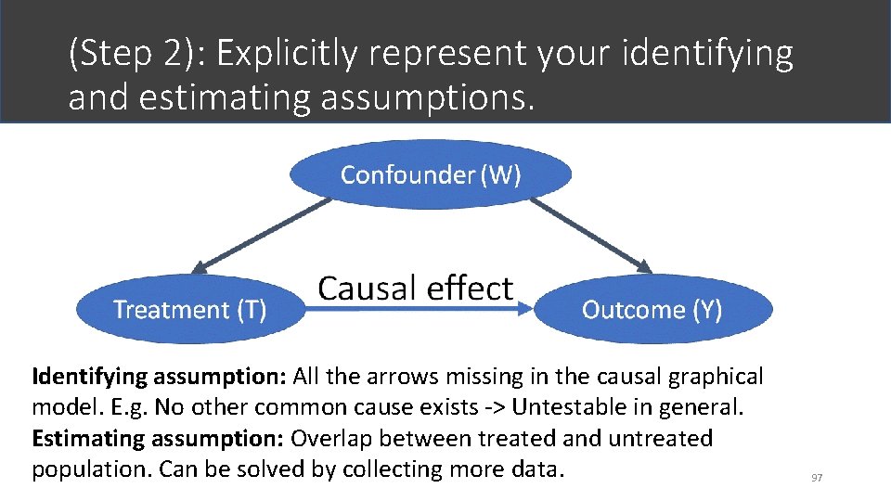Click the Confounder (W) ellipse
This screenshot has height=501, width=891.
tap(431, 174)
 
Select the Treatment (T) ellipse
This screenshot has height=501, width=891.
tap(190, 310)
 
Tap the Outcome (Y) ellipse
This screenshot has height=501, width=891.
tap(652, 310)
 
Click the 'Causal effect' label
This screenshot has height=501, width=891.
tap(415, 288)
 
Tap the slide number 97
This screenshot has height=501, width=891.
tap(817, 477)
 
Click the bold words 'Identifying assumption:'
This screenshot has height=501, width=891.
tap(160, 377)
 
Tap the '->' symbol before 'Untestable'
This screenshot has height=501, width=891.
tap(495, 407)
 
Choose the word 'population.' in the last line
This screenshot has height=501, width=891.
tap(92, 469)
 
